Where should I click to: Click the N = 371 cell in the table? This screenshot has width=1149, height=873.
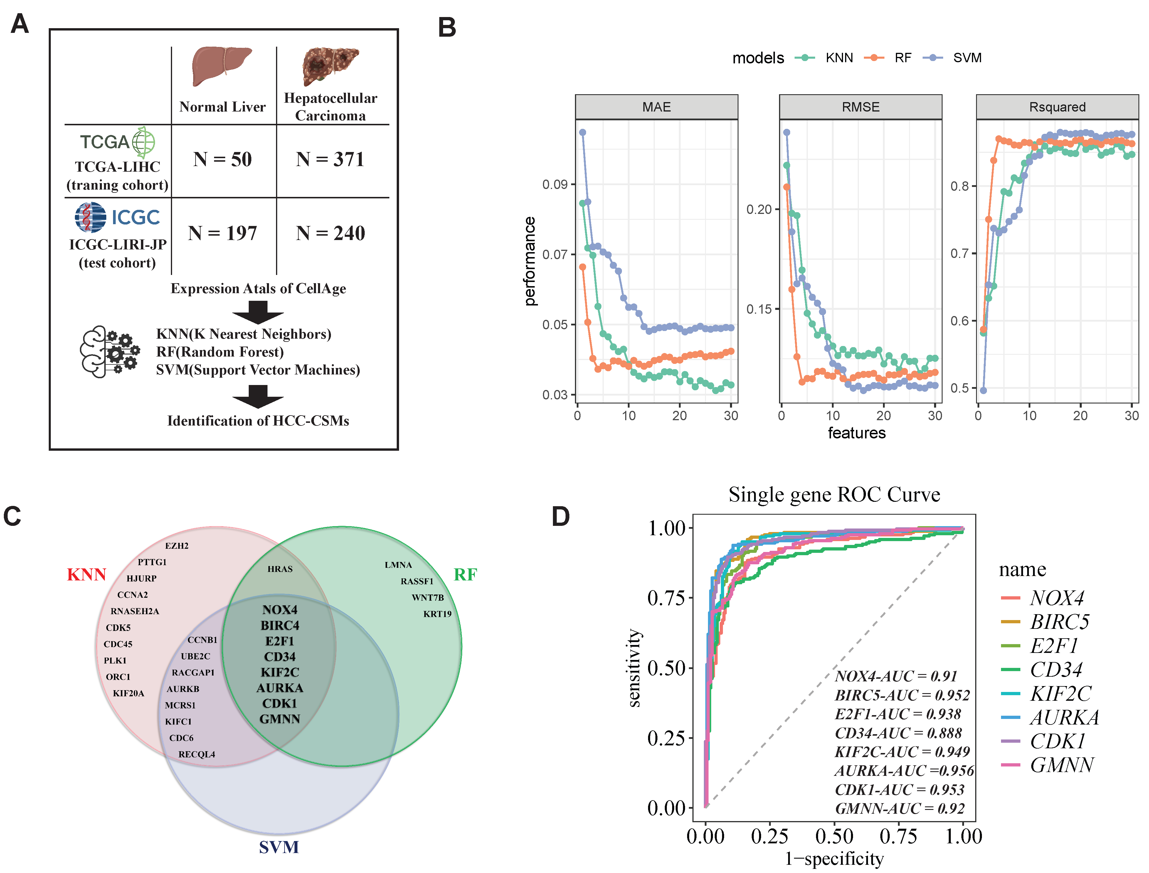pyautogui.click(x=330, y=159)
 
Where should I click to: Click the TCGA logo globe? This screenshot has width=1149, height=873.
pyautogui.click(x=144, y=142)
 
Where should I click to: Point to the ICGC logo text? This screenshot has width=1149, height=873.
pyautogui.click(x=136, y=217)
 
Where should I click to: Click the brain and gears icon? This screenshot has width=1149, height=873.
pyautogui.click(x=109, y=352)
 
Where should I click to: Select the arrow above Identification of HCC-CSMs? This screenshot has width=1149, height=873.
pyautogui.click(x=258, y=396)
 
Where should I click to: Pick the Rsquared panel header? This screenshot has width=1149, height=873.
pyautogui.click(x=1057, y=107)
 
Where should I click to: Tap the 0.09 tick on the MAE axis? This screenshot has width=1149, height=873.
pyautogui.click(x=555, y=185)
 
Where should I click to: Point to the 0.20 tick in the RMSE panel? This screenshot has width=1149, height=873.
pyautogui.click(x=759, y=210)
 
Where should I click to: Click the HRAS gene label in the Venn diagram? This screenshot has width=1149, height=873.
pyautogui.click(x=280, y=569)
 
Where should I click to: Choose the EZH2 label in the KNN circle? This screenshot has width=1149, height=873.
pyautogui.click(x=177, y=546)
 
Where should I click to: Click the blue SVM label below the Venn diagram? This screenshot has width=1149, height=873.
pyautogui.click(x=279, y=847)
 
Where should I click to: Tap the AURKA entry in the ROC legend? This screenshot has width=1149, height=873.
pyautogui.click(x=1064, y=718)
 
